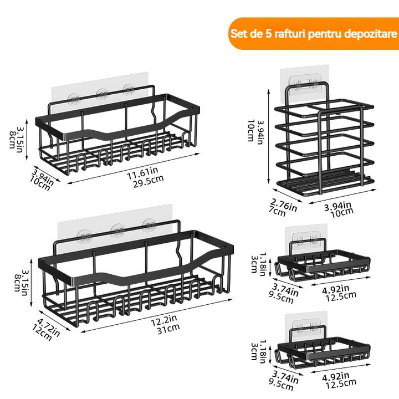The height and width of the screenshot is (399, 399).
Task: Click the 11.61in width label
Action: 142,173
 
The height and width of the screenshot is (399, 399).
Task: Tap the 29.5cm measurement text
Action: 149,181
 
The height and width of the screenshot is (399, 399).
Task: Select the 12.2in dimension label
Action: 164,321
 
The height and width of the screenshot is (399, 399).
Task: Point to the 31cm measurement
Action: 168,329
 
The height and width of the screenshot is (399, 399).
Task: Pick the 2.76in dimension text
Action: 284,205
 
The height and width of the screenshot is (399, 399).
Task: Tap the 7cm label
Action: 277,212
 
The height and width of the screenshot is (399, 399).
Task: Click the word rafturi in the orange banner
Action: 289,34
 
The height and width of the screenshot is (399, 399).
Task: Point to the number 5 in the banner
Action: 269,34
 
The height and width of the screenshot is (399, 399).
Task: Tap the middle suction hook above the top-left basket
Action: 103,95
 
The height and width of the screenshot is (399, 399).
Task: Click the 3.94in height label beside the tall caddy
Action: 260,132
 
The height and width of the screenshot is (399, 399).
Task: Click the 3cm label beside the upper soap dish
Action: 254,264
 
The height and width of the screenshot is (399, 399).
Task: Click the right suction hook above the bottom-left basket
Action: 149,226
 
